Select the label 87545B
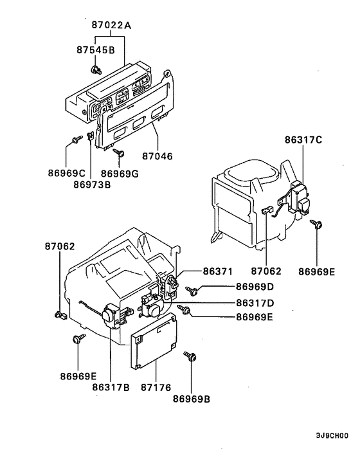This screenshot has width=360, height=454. click(x=96, y=50)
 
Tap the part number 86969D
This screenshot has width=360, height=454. click(x=255, y=286)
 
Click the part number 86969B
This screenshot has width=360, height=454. click(x=192, y=399)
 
